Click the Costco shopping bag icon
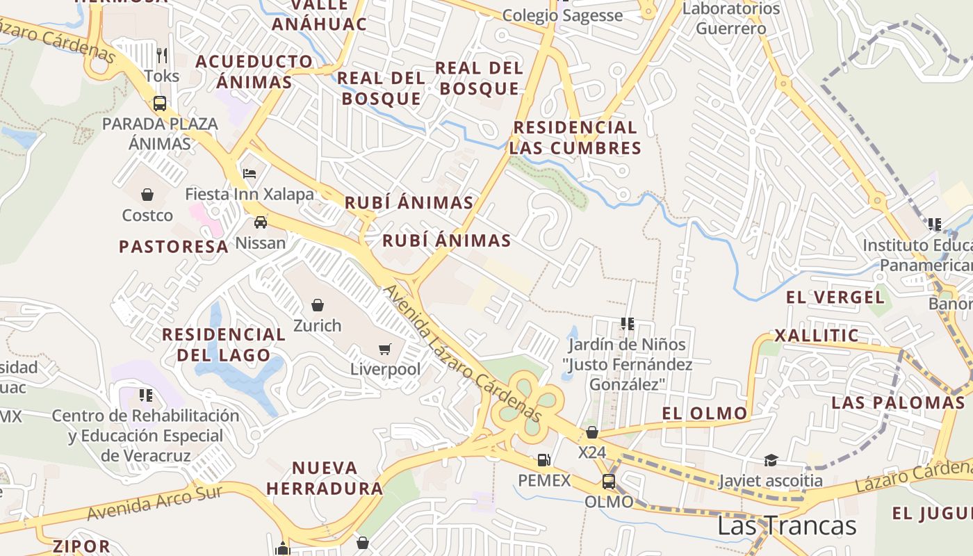pyautogui.click(x=147, y=195)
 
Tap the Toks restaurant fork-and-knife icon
pyautogui.click(x=162, y=55)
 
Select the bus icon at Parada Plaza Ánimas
pyautogui.click(x=160, y=104)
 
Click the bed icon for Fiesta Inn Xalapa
pyautogui.click(x=250, y=173)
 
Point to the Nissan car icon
pyautogui.click(x=261, y=222)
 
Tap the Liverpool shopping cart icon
pyautogui.click(x=385, y=349)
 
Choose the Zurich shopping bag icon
pyautogui.click(x=318, y=305)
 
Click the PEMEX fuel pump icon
pyautogui.click(x=543, y=460)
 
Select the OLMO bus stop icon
pyautogui.click(x=609, y=482)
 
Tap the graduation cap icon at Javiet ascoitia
pyautogui.click(x=770, y=460)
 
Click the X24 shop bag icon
pyautogui.click(x=592, y=432)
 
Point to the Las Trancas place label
pyautogui.click(x=786, y=525)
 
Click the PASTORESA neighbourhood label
pyautogui.click(x=174, y=247)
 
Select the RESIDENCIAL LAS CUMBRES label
pyautogui.click(x=575, y=138)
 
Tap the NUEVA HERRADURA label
pyautogui.click(x=325, y=478)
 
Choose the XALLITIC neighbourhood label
pyautogui.click(x=817, y=336)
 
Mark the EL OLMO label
pyautogui.click(x=705, y=414)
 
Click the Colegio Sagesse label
pyautogui.click(x=562, y=15)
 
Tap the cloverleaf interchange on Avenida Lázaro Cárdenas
pyautogui.click(x=528, y=404)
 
